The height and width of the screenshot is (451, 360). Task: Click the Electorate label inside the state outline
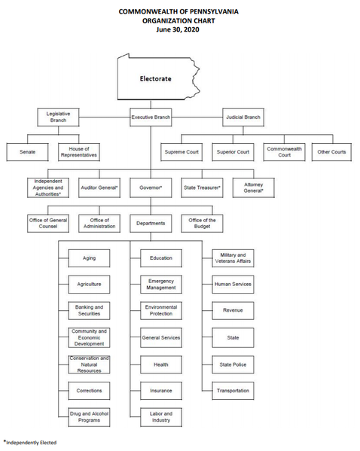155,79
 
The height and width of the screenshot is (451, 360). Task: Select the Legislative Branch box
58,117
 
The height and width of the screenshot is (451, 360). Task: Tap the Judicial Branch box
243,117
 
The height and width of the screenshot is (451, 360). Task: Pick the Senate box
27,152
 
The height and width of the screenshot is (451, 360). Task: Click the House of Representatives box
79,152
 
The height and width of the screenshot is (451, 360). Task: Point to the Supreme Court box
182,152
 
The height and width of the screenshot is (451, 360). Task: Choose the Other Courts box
331,152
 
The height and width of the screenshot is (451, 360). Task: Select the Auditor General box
99,187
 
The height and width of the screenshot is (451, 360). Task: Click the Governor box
151,187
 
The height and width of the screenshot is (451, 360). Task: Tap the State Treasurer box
202,187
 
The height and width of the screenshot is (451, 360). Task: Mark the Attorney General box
254,187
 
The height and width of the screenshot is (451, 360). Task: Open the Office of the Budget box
202,223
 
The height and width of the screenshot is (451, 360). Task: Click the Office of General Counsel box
48,223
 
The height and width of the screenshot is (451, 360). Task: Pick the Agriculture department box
89,284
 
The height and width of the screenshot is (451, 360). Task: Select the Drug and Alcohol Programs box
89,417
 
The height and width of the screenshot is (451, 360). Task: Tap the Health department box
161,364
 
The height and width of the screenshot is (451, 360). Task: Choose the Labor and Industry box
161,417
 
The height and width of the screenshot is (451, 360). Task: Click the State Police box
233,364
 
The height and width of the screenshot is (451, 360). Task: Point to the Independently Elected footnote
30,443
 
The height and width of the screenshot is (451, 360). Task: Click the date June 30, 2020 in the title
178,29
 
